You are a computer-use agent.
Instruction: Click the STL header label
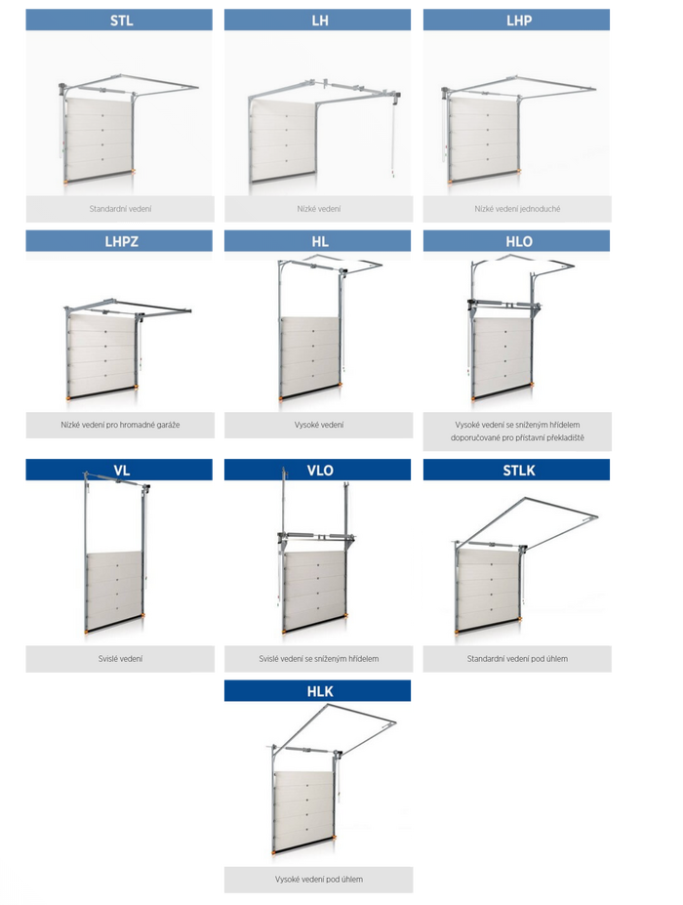(121, 21)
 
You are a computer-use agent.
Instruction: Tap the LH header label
(320, 21)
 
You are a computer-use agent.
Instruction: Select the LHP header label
(519, 21)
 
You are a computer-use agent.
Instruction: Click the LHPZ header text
(121, 242)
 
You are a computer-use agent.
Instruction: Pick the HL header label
(320, 242)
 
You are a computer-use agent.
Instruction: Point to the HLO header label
(519, 242)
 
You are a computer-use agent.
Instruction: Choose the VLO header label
(320, 471)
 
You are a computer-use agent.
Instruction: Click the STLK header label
(519, 471)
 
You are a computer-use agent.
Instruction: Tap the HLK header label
(320, 691)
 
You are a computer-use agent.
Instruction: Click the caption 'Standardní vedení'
(120, 209)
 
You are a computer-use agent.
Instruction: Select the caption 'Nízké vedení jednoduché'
(517, 209)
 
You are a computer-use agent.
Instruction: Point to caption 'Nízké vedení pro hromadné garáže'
(120, 425)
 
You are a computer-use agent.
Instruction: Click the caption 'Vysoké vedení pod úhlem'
(318, 880)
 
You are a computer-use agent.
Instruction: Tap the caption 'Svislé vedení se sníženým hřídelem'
(318, 659)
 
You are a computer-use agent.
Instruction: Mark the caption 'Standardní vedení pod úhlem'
(517, 659)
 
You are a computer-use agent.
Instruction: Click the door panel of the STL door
(99, 138)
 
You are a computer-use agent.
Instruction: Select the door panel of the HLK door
(303, 808)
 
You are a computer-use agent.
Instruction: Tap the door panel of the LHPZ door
(102, 354)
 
